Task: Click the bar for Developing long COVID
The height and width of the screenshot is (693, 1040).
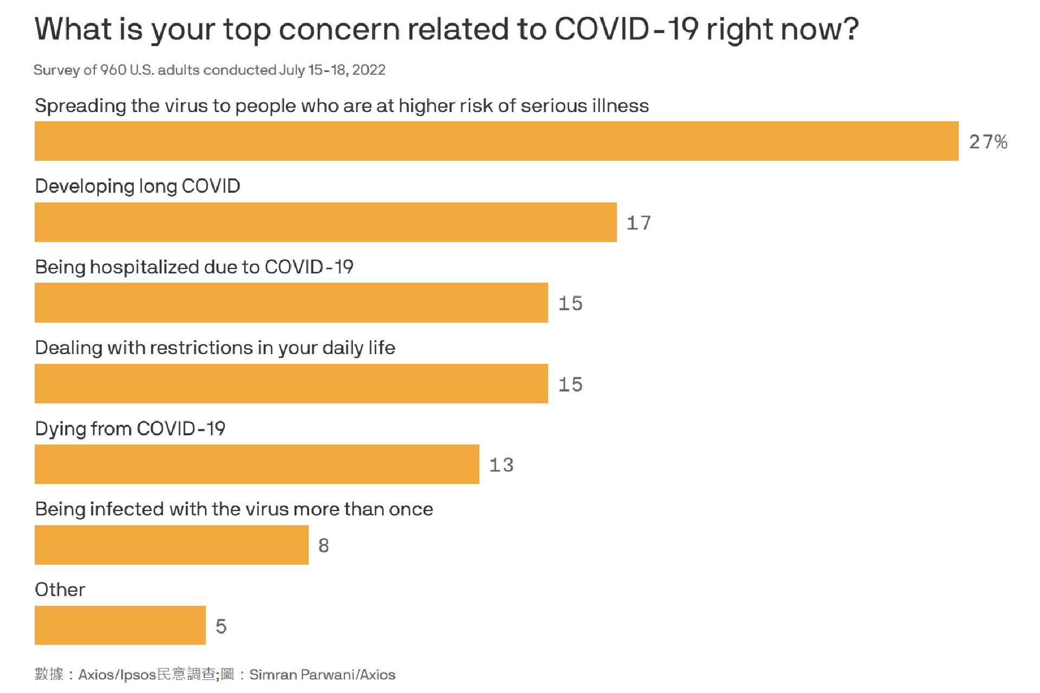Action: coord(326,222)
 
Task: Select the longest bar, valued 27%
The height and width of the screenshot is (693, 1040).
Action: coord(497,141)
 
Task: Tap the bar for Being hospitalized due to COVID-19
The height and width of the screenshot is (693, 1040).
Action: coord(291,303)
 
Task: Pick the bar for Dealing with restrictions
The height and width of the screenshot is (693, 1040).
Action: coord(291,383)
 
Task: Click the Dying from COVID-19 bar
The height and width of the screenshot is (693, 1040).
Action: coord(257,464)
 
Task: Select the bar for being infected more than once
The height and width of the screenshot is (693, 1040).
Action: coord(172,545)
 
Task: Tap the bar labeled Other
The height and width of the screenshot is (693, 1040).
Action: coord(120,625)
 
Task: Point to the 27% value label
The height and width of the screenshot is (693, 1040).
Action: coord(988,142)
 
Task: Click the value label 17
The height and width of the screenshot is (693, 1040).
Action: coord(639,223)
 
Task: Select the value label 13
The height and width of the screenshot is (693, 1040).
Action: coord(501,465)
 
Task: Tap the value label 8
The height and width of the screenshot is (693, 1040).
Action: coord(324,546)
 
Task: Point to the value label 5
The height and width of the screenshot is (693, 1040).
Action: coord(221,626)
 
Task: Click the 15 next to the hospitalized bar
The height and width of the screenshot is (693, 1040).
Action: coord(570,304)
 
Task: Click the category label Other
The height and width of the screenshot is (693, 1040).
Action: coord(60,590)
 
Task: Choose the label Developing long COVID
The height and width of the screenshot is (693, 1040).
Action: coord(138,186)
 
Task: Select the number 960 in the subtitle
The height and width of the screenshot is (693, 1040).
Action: coord(113,70)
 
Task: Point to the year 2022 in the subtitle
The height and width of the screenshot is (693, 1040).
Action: coord(369,70)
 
